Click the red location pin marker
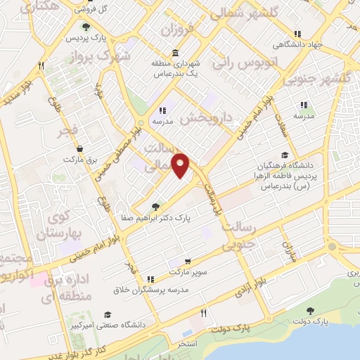click(182, 165)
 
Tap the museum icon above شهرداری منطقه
click(174, 53)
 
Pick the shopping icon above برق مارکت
click(79, 148)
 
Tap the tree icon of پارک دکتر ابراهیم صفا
click(155, 206)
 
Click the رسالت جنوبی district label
click(240, 237)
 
